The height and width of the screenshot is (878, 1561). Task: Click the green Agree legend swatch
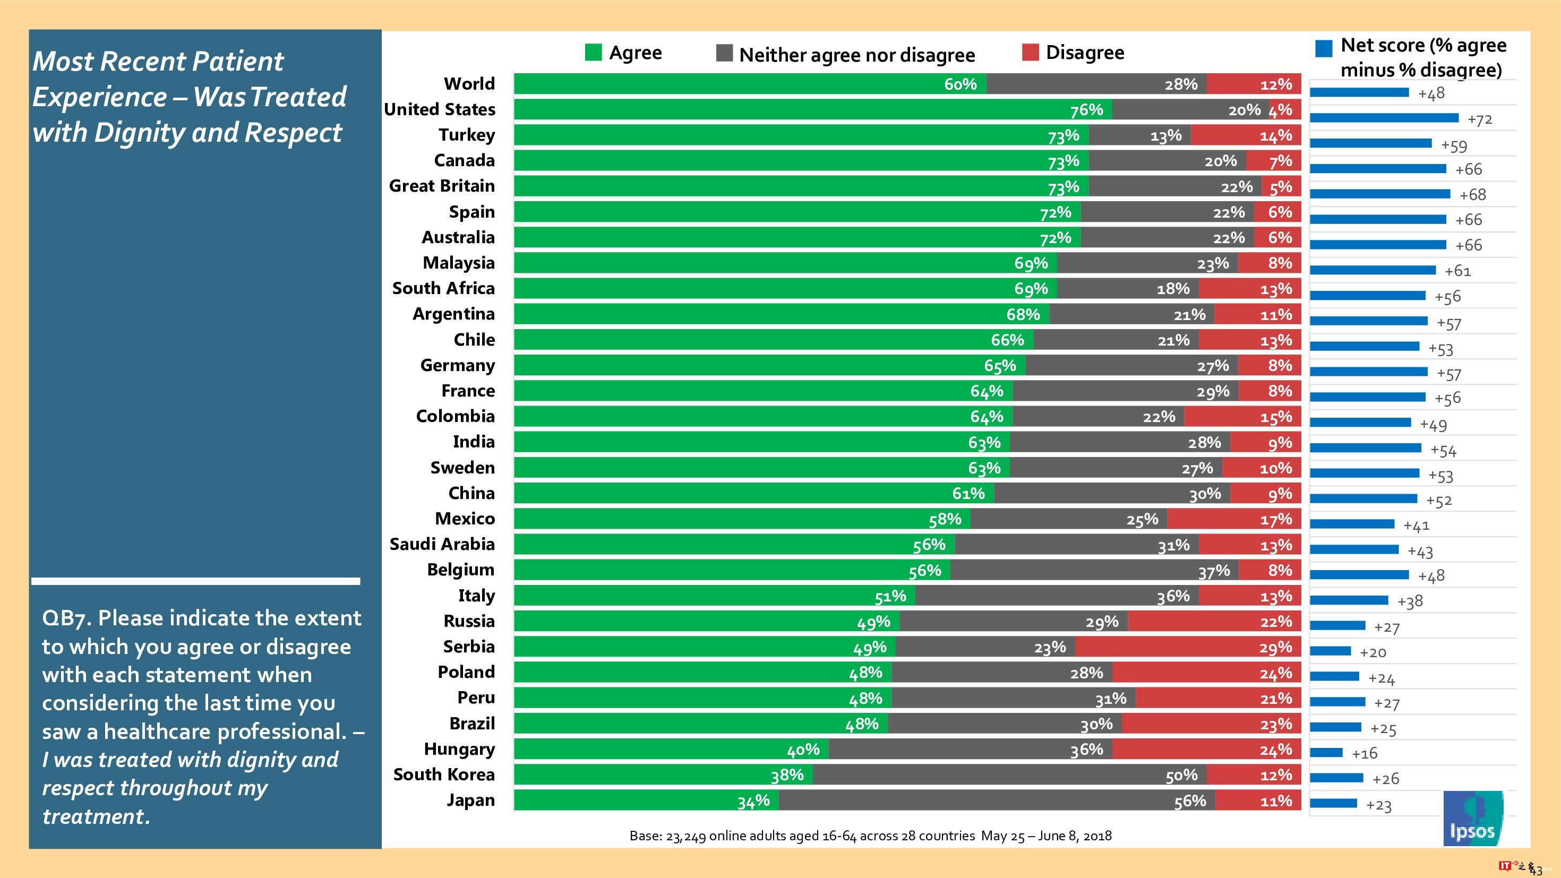[593, 52]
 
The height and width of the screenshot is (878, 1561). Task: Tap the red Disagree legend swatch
[1030, 52]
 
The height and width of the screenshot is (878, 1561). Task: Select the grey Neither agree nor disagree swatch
[724, 53]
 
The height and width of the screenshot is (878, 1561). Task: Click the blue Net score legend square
[1324, 48]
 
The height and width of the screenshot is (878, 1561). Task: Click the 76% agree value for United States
[1086, 110]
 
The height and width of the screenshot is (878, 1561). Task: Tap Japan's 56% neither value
[1189, 801]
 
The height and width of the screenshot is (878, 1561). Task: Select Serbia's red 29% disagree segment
[1188, 647]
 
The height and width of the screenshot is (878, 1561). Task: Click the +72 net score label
[1479, 119]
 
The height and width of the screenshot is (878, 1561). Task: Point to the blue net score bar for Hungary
[1326, 753]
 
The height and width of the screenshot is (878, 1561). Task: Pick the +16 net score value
[1364, 753]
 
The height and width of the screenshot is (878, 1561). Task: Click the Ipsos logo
[1472, 818]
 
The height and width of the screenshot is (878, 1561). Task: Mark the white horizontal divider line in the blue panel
[196, 581]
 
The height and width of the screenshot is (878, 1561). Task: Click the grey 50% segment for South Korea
[1009, 775]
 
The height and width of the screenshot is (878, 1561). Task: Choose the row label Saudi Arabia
[442, 544]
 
